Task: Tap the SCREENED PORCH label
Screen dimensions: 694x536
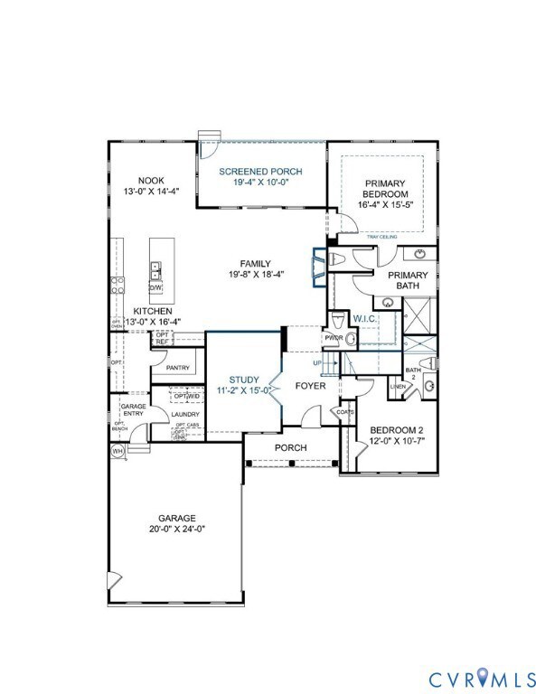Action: [262, 171]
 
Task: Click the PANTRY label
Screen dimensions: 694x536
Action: [177, 368]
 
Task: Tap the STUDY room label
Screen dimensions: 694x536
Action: [243, 380]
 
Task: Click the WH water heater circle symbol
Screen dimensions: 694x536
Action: [118, 451]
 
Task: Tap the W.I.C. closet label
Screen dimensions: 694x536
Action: [365, 318]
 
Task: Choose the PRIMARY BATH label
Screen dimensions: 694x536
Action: [408, 280]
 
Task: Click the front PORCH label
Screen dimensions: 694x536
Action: [291, 448]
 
